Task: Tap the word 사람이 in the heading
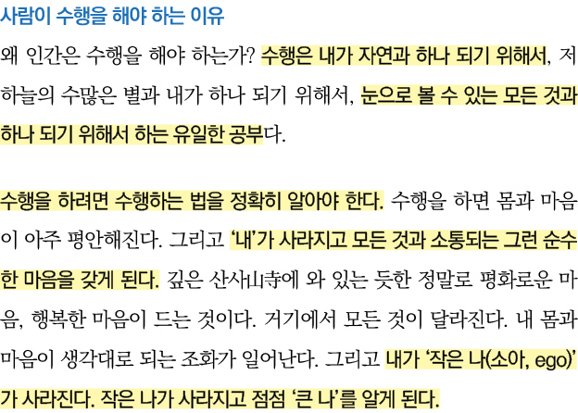pos(26,17)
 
